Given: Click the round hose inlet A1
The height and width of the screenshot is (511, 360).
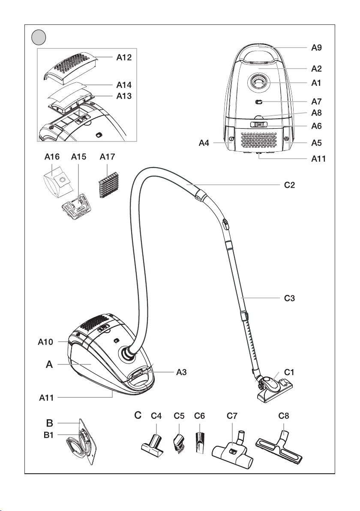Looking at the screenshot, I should (259, 81).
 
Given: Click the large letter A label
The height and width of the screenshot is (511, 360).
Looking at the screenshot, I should (50, 365).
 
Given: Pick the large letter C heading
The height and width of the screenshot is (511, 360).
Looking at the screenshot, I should (138, 415).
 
